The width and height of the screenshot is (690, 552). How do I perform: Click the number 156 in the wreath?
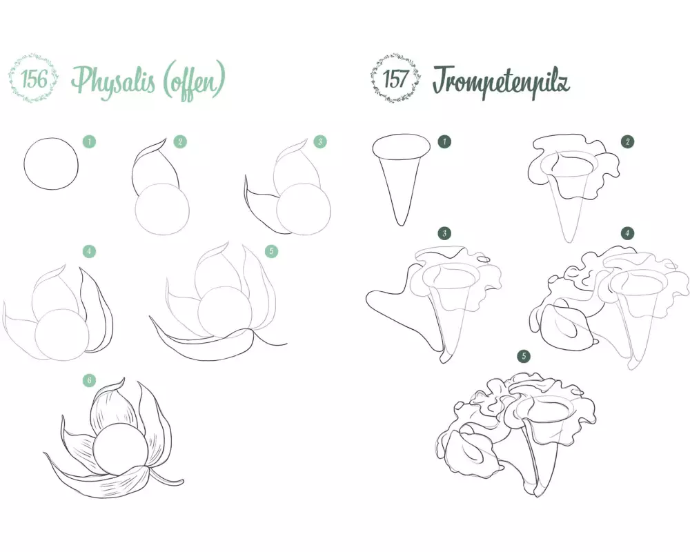(34, 79)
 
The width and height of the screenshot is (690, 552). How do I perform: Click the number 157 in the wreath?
(395, 79)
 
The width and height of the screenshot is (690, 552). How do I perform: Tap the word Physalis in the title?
(114, 82)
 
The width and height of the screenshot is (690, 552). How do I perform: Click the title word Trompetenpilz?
(501, 82)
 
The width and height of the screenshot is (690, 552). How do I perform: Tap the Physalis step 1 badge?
(89, 141)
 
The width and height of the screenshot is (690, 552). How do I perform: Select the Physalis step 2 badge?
(180, 141)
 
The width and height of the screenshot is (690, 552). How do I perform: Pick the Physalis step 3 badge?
(320, 141)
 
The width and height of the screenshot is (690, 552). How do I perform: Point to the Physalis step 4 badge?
(89, 251)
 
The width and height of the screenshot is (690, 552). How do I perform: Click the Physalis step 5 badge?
(271, 251)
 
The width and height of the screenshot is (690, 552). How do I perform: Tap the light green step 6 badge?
(89, 380)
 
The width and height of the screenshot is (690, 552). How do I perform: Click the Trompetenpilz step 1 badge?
(444, 141)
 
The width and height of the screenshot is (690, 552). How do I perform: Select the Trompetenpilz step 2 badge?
(627, 141)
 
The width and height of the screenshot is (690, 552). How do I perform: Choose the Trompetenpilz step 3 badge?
(444, 233)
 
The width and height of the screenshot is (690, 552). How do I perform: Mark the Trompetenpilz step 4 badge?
(627, 233)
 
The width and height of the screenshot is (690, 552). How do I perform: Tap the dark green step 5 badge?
(524, 356)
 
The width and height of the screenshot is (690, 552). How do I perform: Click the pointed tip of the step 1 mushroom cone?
(401, 226)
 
